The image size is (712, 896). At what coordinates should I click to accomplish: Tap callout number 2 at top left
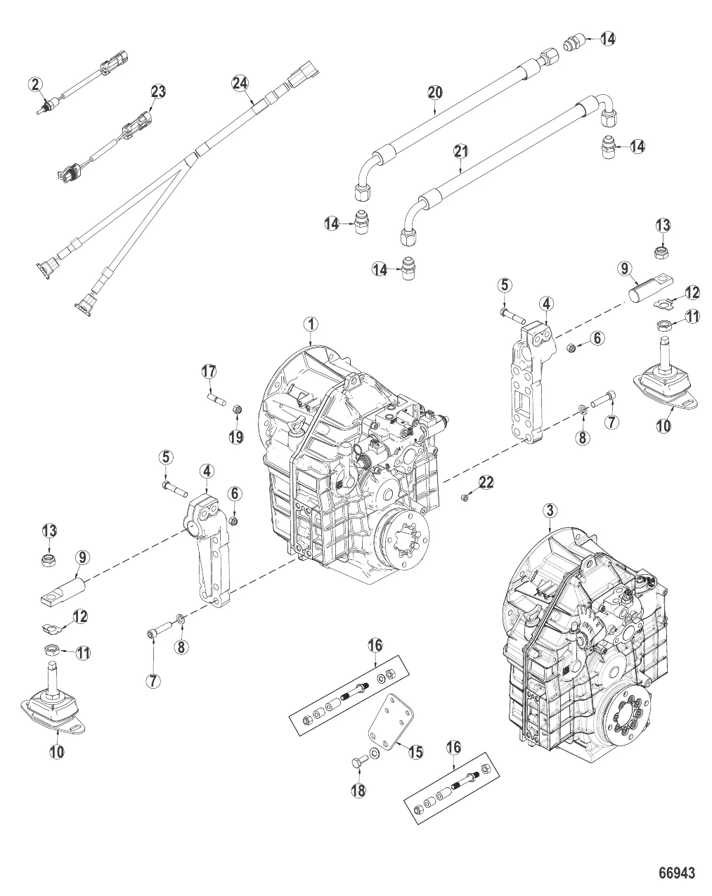tap(36, 84)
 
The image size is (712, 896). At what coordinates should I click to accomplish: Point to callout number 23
tap(158, 91)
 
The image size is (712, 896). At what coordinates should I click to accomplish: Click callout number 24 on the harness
tap(240, 83)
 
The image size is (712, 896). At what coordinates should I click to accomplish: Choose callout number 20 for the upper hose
tap(435, 92)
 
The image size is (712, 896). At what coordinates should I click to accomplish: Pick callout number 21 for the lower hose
tap(460, 150)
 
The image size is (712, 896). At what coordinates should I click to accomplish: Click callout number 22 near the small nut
tap(486, 481)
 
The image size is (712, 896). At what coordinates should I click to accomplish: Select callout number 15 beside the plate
tap(415, 752)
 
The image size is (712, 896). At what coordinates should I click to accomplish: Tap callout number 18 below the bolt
tap(359, 789)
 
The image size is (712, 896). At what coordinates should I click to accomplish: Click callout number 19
tap(235, 436)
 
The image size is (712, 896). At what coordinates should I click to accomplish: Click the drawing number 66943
tap(676, 874)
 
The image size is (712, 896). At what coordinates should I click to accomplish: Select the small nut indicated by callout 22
tap(464, 498)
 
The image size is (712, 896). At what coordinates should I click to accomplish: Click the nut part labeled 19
tap(237, 408)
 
